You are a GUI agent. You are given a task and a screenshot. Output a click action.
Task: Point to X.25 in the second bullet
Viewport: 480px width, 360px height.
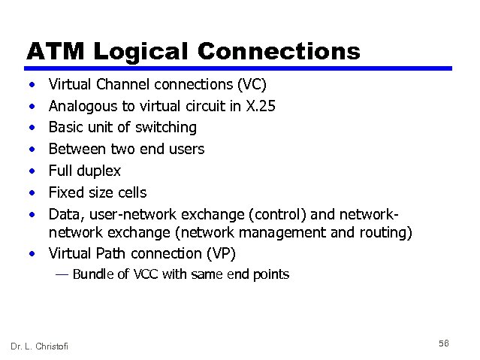pos(261,106)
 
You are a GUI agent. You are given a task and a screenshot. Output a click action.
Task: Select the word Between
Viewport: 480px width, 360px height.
pos(78,149)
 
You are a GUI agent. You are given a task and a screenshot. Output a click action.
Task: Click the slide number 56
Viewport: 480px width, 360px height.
pos(443,343)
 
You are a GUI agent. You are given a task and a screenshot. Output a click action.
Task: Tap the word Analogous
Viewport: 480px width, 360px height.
pos(82,106)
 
